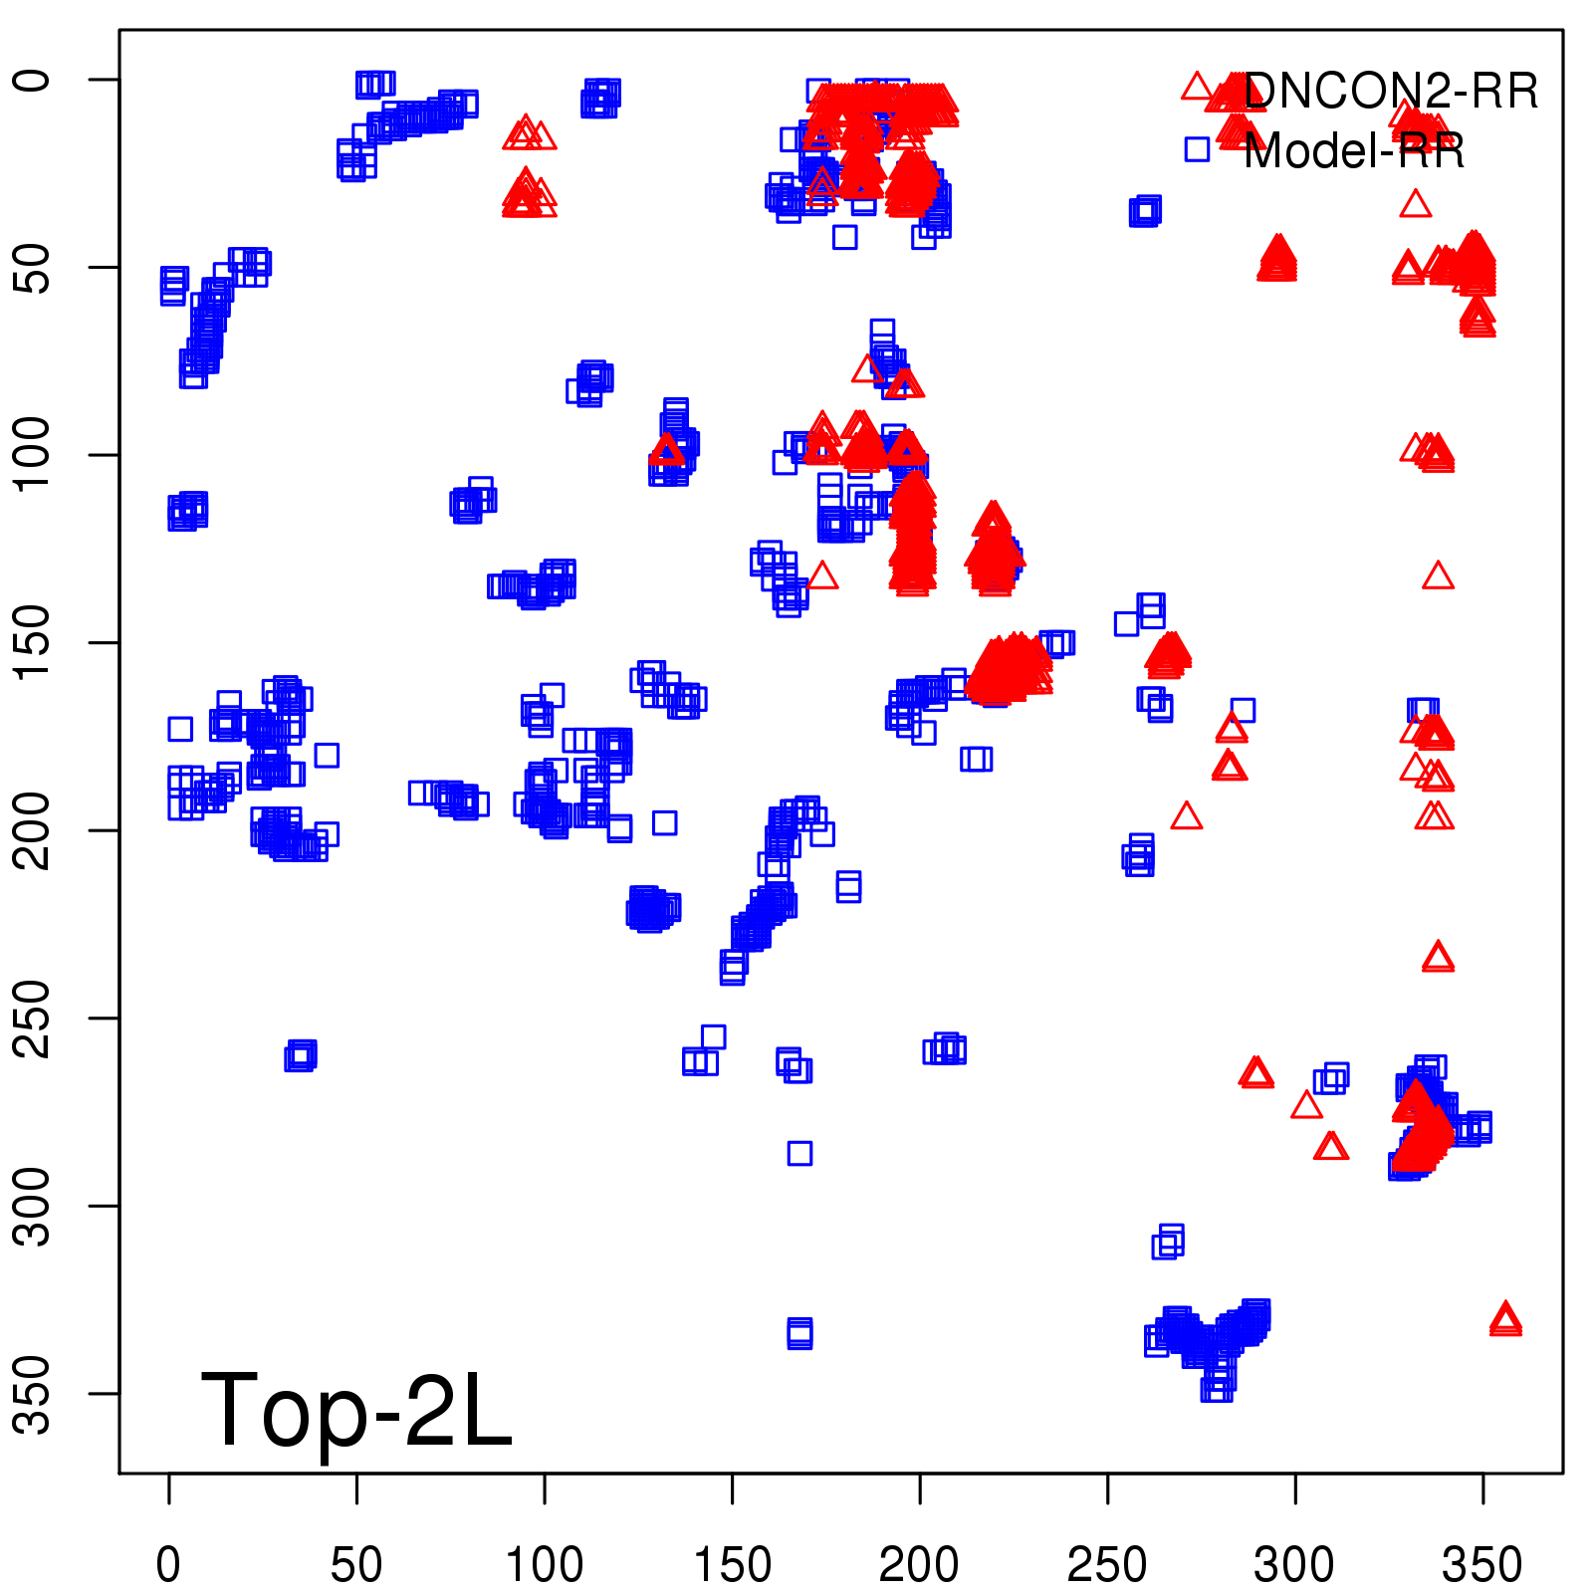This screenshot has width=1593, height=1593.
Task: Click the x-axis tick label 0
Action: [x=168, y=1564]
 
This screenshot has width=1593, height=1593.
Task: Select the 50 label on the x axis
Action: [x=356, y=1564]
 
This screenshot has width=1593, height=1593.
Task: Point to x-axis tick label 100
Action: [x=544, y=1564]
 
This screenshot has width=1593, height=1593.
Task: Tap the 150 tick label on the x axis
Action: [x=732, y=1564]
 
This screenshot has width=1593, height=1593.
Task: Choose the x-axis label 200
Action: [x=919, y=1564]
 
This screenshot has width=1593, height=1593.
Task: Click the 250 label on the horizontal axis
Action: [x=1107, y=1564]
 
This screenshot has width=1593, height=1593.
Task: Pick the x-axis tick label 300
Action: [x=1294, y=1564]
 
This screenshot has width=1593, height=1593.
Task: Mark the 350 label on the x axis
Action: [x=1482, y=1564]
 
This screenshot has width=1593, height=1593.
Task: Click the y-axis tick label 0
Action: [x=34, y=80]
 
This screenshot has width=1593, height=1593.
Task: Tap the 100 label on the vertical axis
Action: [x=34, y=455]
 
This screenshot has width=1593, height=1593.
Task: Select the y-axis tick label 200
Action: [x=34, y=830]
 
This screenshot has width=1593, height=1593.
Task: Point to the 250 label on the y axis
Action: [x=34, y=1018]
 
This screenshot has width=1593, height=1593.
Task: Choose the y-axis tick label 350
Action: [x=34, y=1393]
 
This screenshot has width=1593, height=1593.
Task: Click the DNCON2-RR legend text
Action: [x=1391, y=92]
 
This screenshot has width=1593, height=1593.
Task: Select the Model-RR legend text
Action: [x=1354, y=151]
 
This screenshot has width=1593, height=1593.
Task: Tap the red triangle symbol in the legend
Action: [x=1197, y=87]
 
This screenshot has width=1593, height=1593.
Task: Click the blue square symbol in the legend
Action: [x=1197, y=149]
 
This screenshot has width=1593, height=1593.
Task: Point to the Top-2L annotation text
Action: [x=356, y=1410]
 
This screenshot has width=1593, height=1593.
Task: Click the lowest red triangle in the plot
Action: [x=1505, y=1319]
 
